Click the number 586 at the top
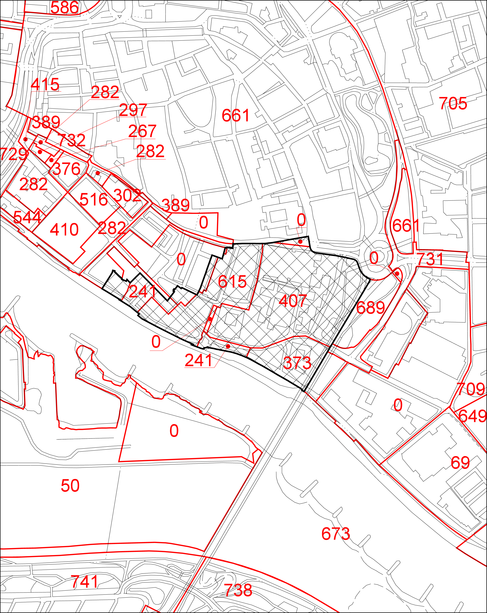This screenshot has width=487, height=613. [x=64, y=7]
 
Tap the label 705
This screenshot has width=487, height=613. [x=453, y=104]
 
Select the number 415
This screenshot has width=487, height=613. [x=45, y=85]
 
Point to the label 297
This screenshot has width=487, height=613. [x=133, y=110]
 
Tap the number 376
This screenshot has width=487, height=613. [x=67, y=169]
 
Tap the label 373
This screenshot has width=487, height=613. [x=297, y=363]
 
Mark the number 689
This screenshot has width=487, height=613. [x=371, y=308]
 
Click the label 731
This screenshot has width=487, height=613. [x=430, y=259]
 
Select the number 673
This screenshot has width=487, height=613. [x=336, y=534]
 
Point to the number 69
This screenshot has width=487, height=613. [x=460, y=463]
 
